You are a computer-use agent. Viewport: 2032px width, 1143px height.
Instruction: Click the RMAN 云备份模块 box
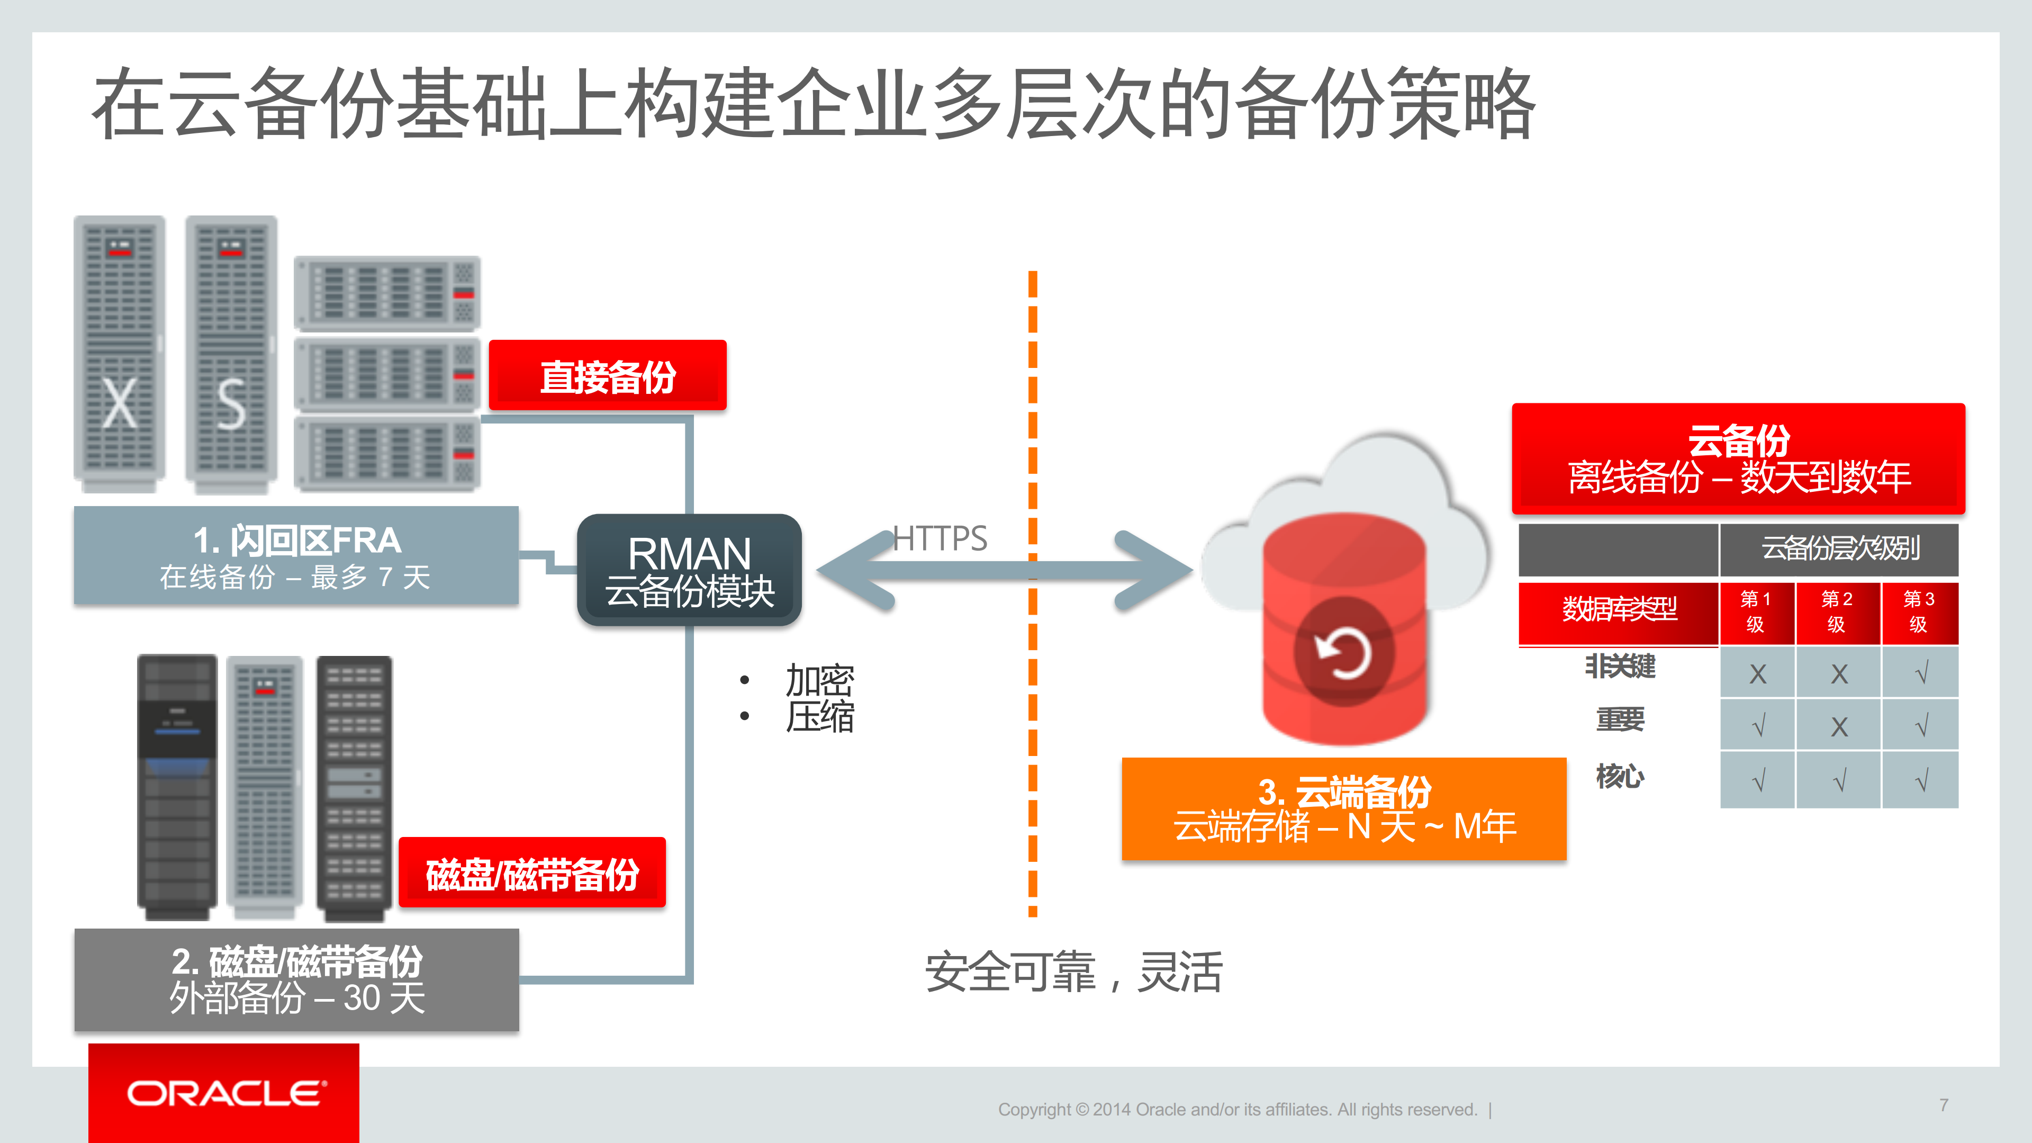690,570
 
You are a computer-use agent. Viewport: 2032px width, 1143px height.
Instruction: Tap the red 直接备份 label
608,375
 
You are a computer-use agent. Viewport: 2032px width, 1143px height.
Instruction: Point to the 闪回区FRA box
296,556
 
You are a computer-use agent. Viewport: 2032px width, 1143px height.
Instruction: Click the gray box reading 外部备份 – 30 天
296,980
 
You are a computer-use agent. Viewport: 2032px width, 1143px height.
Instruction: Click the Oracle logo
223,1093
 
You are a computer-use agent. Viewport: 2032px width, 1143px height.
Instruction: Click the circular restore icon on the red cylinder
1343,652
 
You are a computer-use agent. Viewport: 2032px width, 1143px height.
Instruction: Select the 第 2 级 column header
1837,612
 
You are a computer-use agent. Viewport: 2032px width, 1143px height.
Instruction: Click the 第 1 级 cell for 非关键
1757,673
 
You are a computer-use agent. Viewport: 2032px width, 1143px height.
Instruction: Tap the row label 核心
1620,777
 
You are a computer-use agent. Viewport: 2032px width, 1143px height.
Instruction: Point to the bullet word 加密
819,680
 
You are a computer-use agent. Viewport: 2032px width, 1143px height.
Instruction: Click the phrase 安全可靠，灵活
1073,972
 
